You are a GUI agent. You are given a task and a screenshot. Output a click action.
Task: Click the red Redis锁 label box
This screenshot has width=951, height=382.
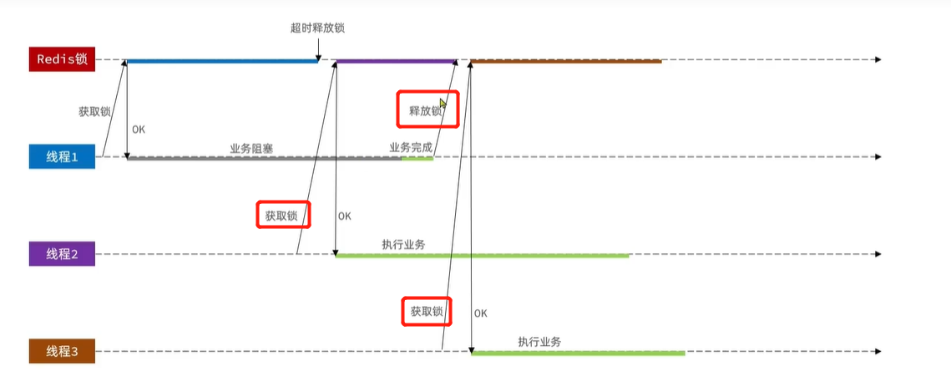(62, 59)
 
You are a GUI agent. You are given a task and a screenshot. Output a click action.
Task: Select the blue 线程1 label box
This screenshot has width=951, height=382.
(62, 156)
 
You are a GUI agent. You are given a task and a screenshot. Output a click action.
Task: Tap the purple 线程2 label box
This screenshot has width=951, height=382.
(62, 254)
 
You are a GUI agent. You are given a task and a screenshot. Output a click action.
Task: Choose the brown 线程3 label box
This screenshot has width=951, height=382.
(62, 351)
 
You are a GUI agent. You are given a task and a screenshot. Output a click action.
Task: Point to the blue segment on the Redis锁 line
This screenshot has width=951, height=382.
(221, 60)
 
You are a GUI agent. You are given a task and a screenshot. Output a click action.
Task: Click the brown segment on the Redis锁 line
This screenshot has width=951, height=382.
(566, 60)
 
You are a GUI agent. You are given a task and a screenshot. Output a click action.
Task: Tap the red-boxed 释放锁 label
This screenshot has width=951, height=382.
(427, 110)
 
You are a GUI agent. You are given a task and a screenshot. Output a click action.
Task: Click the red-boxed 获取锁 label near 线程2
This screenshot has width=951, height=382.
(282, 215)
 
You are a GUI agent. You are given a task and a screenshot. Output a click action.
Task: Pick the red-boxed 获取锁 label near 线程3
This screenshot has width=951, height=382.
(426, 312)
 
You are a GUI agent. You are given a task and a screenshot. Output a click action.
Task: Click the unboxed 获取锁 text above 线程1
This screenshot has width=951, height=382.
(94, 111)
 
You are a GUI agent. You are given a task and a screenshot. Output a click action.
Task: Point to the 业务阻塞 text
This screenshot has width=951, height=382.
(251, 148)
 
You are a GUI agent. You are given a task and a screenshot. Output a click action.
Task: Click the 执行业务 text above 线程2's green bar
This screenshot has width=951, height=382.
(404, 244)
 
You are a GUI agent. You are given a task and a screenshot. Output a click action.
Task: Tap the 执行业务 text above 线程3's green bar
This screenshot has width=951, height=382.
(539, 342)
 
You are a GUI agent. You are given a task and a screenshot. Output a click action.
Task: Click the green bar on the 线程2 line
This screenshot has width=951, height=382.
(482, 256)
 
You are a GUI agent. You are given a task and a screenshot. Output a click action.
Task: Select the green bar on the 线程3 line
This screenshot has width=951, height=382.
(578, 354)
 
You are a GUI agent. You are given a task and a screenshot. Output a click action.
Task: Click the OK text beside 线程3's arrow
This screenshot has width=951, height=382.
(480, 313)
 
